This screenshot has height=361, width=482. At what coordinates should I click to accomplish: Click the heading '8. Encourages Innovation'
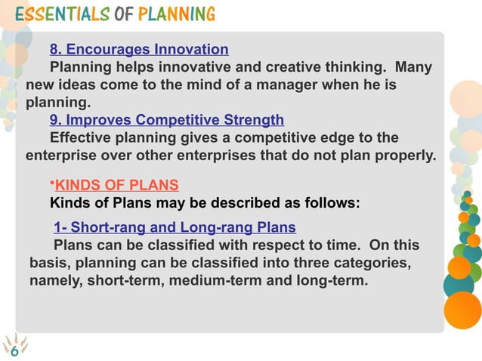[139, 50]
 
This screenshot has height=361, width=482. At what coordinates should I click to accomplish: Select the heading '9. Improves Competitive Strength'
[167, 119]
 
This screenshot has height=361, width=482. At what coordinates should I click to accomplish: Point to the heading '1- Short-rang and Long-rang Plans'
[175, 227]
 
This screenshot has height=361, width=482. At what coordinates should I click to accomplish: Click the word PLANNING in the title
[176, 14]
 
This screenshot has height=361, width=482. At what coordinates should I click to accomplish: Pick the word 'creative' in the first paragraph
[286, 67]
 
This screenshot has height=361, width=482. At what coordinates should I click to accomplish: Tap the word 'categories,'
[373, 263]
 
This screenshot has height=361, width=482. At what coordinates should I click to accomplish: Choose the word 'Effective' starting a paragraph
[80, 137]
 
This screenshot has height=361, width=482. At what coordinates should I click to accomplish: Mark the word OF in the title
[123, 14]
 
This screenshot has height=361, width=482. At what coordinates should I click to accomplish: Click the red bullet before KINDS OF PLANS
[52, 183]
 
